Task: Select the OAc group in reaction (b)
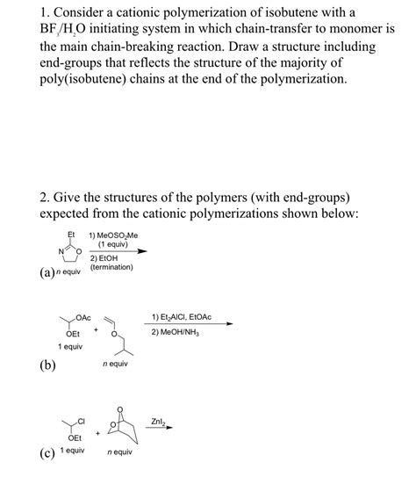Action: click(84, 317)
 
